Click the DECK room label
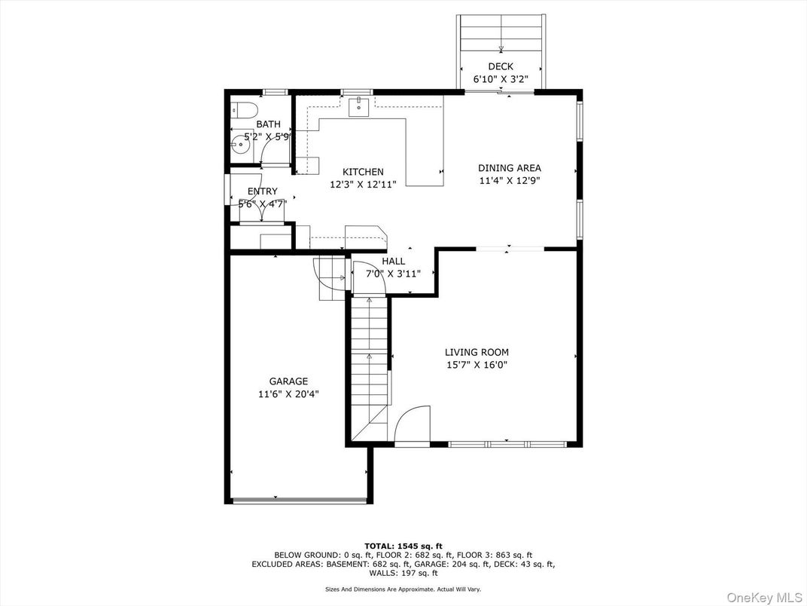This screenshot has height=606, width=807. (x=500, y=66)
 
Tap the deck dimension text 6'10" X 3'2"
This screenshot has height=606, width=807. (x=500, y=79)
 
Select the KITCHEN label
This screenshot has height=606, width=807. (x=363, y=172)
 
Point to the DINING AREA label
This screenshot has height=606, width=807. (x=510, y=168)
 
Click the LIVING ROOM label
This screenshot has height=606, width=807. (x=477, y=352)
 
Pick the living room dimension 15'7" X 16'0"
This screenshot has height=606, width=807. (x=477, y=365)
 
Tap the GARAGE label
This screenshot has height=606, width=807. (x=288, y=381)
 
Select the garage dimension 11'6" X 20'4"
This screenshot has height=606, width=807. (x=288, y=394)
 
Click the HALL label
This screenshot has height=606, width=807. (x=393, y=262)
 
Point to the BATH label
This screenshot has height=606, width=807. (x=268, y=124)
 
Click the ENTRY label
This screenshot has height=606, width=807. (x=262, y=191)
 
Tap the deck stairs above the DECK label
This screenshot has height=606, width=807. (x=501, y=34)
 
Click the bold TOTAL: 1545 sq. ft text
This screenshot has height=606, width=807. (x=403, y=546)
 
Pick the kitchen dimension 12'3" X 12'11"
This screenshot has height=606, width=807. (x=363, y=185)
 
